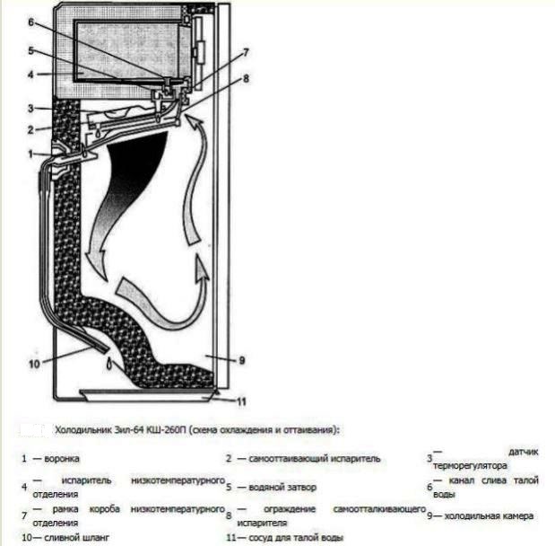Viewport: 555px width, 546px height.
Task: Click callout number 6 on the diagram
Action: click(30, 22)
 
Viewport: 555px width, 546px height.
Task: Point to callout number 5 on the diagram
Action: click(30, 50)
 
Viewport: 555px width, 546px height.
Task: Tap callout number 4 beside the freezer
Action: click(30, 75)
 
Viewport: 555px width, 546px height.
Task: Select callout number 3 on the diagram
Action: click(30, 109)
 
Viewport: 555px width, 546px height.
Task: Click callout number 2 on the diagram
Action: click(30, 129)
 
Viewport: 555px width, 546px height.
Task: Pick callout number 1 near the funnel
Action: click(30, 154)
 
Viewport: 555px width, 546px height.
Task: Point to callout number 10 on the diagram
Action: click(33, 363)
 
